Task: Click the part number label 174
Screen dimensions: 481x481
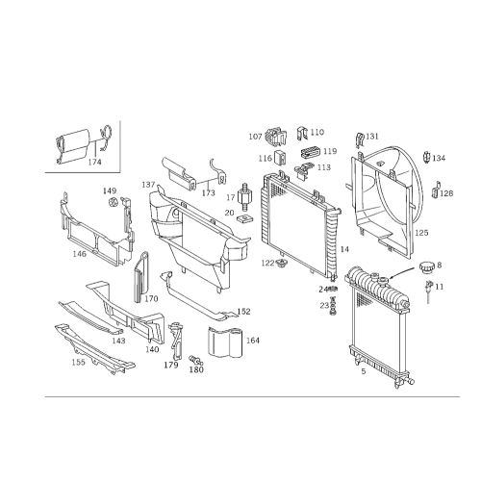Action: tap(94, 162)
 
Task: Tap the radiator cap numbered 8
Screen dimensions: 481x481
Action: tap(427, 267)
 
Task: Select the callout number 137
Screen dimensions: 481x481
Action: tap(148, 185)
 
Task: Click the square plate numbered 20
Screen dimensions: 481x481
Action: tap(245, 219)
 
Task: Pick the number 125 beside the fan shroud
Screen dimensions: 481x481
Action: tap(421, 233)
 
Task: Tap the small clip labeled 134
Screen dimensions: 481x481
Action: tap(427, 157)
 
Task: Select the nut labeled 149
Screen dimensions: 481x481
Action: tap(113, 202)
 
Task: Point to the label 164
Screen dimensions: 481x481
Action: tap(253, 341)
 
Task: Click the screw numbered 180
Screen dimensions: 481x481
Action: tap(195, 360)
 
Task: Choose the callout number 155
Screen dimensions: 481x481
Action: tap(78, 362)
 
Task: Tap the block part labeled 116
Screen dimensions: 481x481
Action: tap(280, 157)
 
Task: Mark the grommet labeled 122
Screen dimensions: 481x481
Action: tap(282, 265)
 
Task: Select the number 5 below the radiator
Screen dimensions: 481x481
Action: tap(364, 371)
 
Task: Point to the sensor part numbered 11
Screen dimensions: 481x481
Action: tap(428, 291)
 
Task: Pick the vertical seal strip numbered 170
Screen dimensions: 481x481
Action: tap(141, 277)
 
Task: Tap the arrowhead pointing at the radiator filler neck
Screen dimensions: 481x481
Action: tap(391, 278)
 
